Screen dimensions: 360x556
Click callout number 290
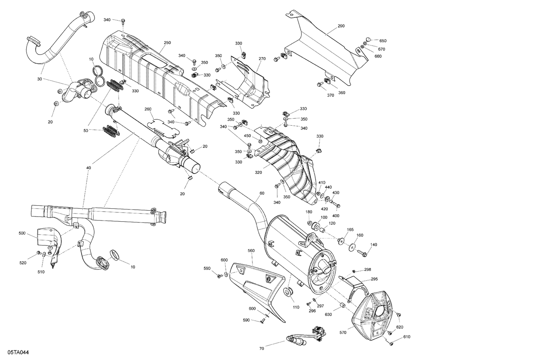click(341, 26)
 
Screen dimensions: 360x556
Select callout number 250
click(167, 43)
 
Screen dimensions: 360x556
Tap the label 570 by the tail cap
click(342, 333)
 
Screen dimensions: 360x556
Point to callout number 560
click(251, 251)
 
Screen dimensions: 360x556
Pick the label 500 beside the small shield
click(22, 234)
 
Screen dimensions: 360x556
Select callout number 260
click(148, 109)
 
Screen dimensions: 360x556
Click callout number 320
click(258, 172)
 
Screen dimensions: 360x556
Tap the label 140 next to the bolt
click(374, 245)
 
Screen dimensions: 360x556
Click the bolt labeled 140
click(363, 254)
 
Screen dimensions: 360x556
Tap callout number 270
click(262, 59)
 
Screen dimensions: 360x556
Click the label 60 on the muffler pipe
click(262, 194)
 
